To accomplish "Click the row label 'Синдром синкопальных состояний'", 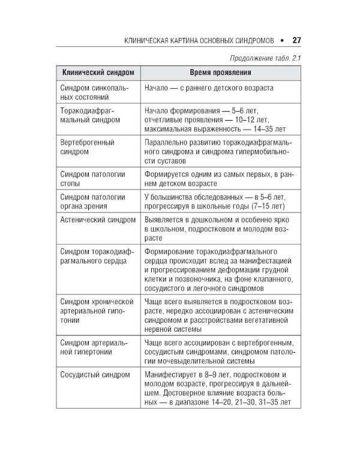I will [x=93, y=92].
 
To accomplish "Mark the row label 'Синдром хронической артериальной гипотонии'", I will [x=96, y=310].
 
